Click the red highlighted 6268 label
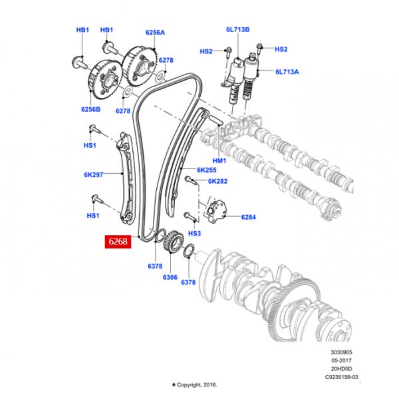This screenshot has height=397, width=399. click(x=118, y=242)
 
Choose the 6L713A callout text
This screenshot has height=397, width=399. click(x=287, y=71)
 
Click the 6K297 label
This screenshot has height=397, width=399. click(x=94, y=175)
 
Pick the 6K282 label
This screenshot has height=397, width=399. click(x=217, y=181)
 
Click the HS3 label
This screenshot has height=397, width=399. click(x=194, y=234)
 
